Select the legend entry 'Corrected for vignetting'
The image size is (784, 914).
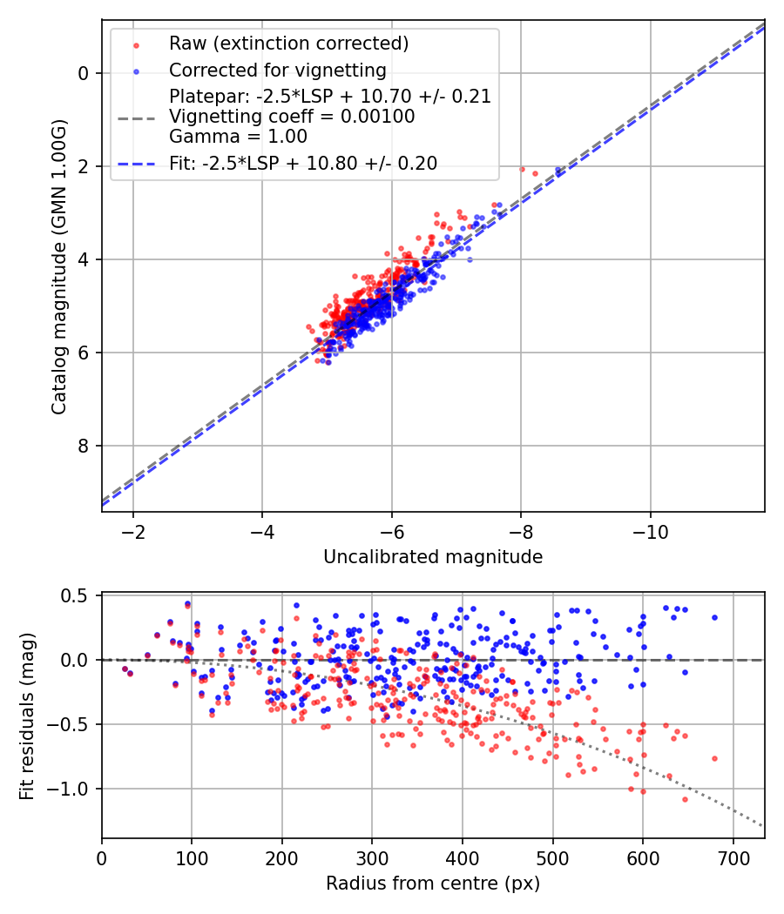point(278,70)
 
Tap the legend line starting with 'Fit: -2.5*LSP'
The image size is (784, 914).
point(303,163)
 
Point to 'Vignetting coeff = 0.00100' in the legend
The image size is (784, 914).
point(292,117)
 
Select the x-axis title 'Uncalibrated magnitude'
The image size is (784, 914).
point(433,557)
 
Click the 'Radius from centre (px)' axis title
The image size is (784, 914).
point(433,884)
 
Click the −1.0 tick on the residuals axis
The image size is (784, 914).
point(75,789)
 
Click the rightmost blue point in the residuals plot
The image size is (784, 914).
point(714,617)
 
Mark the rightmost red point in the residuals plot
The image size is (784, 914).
point(714,758)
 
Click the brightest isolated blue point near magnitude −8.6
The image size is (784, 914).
point(559,171)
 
